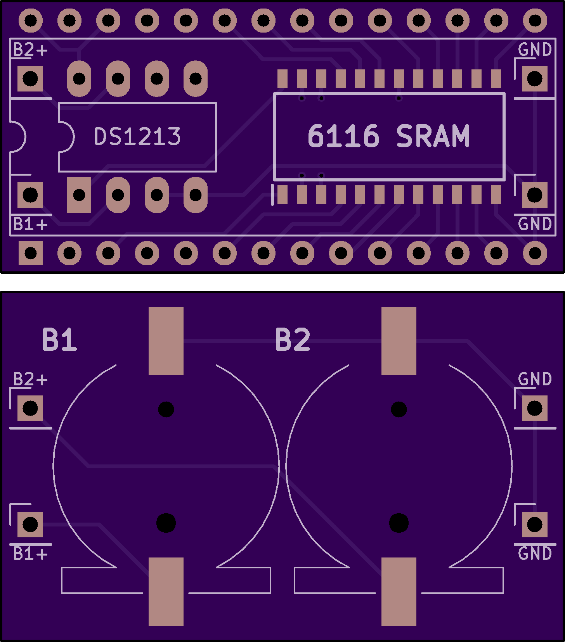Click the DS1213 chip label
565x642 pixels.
click(137, 136)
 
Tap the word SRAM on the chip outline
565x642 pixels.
click(433, 136)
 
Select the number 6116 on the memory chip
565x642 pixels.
click(343, 136)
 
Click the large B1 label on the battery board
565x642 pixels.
click(59, 340)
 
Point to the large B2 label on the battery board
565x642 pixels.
click(292, 340)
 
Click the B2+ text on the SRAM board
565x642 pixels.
click(30, 50)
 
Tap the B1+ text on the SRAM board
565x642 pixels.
click(30, 224)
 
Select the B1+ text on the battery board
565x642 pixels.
click(30, 553)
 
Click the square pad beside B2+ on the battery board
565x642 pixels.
click(30, 408)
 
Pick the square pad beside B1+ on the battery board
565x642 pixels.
click(30, 525)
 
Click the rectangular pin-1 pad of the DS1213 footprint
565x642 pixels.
click(79, 195)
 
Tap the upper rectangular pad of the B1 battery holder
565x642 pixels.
click(166, 341)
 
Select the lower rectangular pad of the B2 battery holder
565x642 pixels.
click(399, 591)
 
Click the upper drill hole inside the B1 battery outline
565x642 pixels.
click(166, 409)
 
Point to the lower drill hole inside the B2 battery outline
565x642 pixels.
click(399, 523)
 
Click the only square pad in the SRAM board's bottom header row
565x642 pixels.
click(31, 253)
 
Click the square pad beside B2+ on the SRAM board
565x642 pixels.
click(30, 79)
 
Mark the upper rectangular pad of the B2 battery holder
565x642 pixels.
click(399, 341)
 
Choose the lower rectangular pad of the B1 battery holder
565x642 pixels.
click(166, 591)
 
